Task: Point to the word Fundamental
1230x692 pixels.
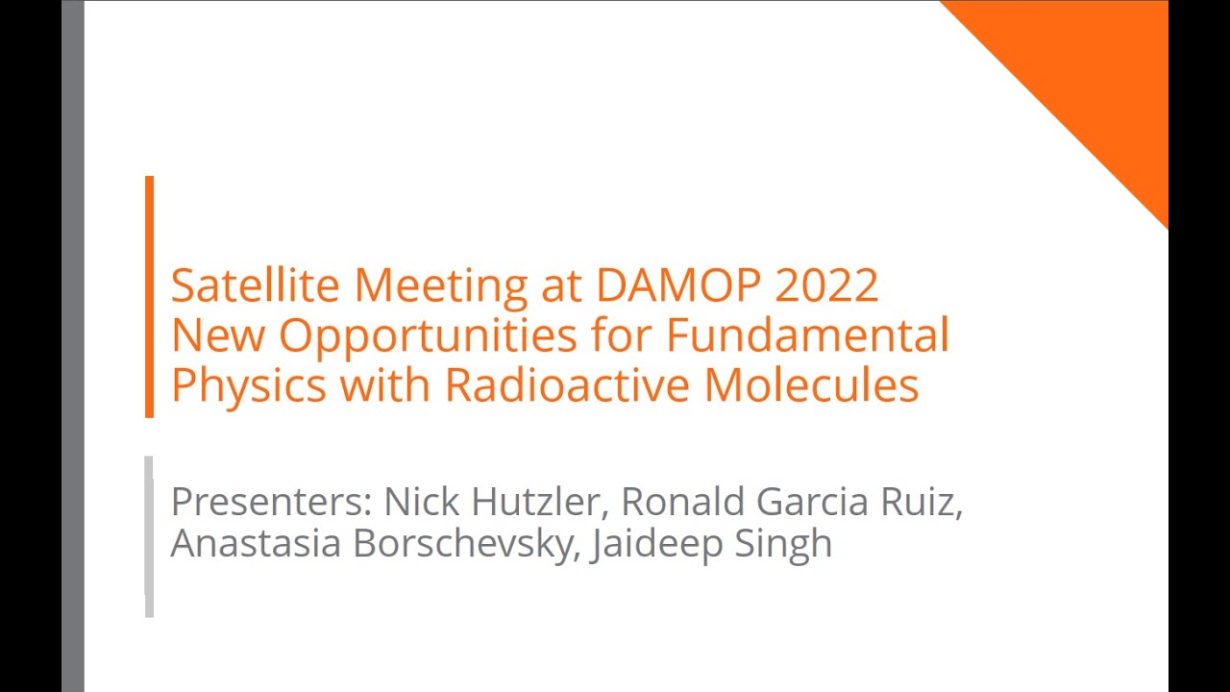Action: [808, 335]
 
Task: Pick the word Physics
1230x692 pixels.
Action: [249, 385]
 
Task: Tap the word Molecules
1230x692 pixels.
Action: [812, 385]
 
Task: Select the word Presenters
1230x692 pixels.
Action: [271, 502]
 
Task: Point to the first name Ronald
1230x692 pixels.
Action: [682, 502]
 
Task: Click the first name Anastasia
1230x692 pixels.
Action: [256, 543]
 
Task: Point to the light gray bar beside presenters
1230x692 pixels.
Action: [149, 535]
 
